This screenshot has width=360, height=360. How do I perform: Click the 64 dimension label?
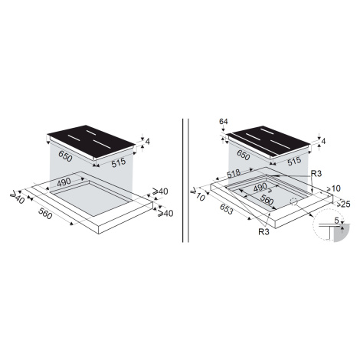[223, 122]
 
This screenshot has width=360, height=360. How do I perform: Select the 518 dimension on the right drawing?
[234, 173]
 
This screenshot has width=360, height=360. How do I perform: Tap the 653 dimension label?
[225, 209]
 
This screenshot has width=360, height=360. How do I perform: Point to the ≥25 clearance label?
[343, 204]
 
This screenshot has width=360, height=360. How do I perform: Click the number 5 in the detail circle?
[336, 220]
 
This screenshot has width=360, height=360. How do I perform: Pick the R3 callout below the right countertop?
[263, 232]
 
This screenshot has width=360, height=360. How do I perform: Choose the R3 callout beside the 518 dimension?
[316, 174]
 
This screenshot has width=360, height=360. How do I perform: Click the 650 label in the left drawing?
[65, 156]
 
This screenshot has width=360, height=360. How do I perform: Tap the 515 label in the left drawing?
[119, 162]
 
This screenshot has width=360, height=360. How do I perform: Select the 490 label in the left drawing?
[64, 182]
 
